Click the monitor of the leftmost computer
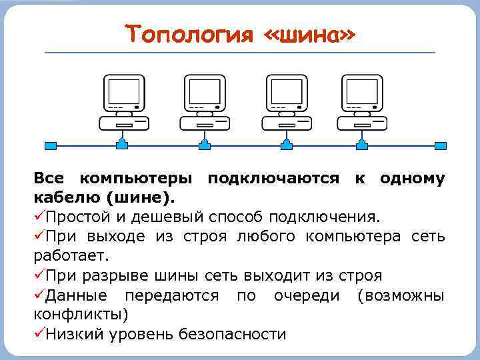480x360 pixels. tap(123, 93)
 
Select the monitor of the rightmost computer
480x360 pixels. tap(363, 93)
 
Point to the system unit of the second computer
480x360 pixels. tap(205, 123)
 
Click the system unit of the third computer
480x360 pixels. tap(287, 123)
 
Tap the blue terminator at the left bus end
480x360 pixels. tap(48, 145)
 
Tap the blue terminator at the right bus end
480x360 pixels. tap(439, 145)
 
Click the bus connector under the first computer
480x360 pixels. tap(123, 144)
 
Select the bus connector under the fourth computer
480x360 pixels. tap(363, 144)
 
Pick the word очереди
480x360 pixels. tap(306, 295)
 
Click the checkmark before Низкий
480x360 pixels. tap(39, 333)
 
